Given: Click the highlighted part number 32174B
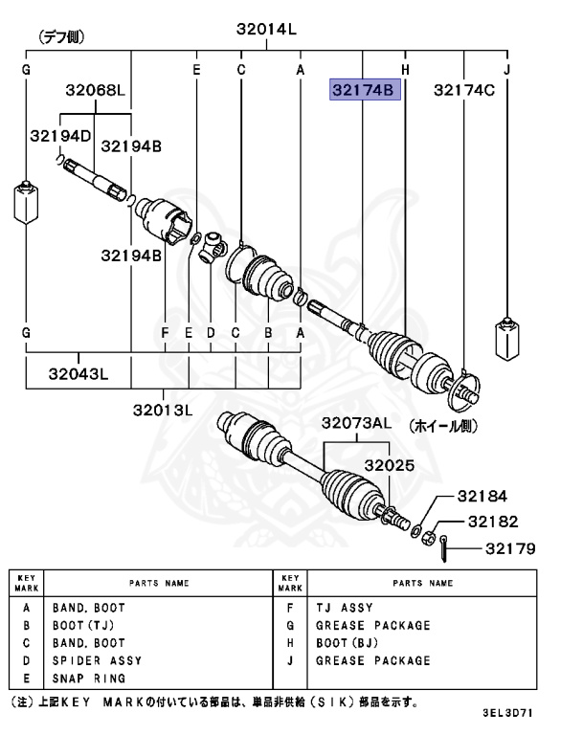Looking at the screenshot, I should [x=363, y=91].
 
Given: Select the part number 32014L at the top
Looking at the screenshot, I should [x=266, y=30].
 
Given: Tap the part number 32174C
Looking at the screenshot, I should [x=463, y=91].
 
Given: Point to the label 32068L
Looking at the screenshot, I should [x=96, y=91].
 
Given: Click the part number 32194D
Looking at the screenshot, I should [x=59, y=136].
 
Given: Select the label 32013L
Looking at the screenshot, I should [x=164, y=411].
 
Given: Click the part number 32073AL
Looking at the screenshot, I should [x=356, y=423].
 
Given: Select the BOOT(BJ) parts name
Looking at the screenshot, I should [x=348, y=643].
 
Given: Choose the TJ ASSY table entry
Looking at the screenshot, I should [x=344, y=608].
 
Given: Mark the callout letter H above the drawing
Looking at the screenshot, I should [x=405, y=70].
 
